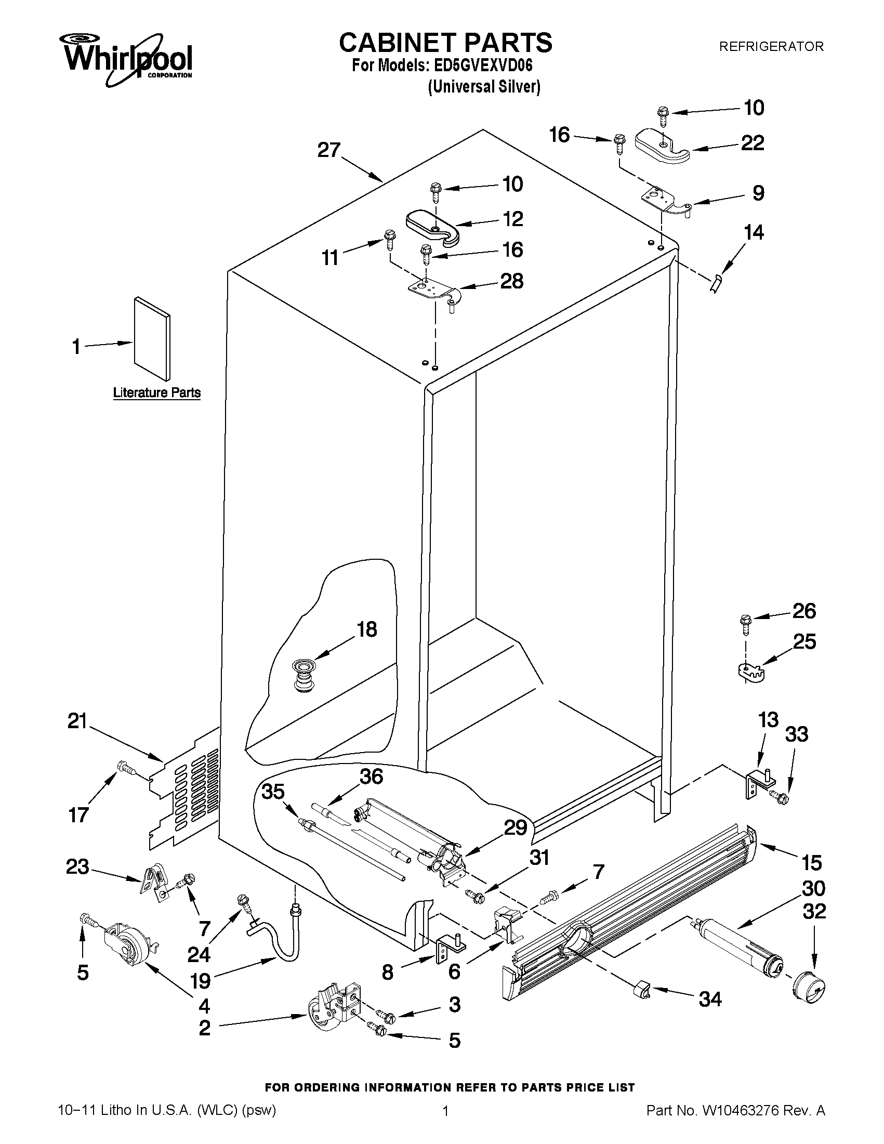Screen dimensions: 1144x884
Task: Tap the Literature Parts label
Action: click(156, 392)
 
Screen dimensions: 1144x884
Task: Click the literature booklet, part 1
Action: click(152, 338)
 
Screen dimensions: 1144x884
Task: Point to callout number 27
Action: click(329, 150)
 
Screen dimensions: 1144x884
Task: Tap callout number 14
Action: click(754, 232)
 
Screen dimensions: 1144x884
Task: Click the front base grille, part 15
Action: click(628, 912)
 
